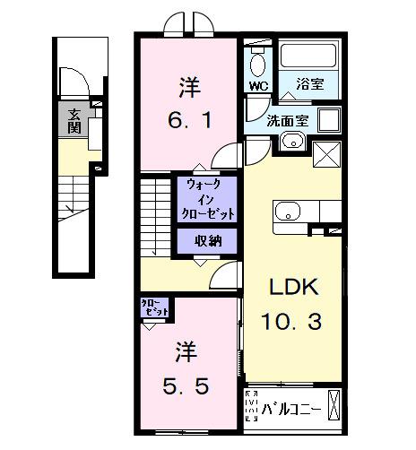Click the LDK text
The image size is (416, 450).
click(x=291, y=289)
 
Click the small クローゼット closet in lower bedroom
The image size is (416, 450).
click(x=154, y=310)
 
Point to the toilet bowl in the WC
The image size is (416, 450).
click(x=258, y=63)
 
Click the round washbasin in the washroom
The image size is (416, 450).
click(x=291, y=142)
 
